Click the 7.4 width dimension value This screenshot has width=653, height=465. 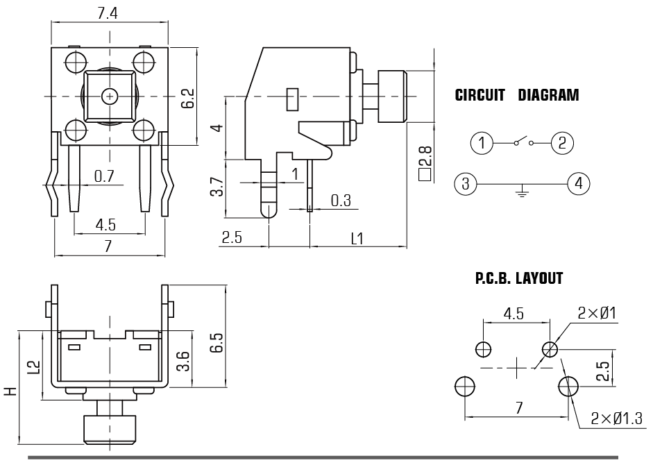(107, 12)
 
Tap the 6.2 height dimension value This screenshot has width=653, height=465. (188, 97)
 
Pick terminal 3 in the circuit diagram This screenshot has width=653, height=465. (466, 184)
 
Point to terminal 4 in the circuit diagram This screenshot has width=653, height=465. (578, 184)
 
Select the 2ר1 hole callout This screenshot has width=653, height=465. (597, 314)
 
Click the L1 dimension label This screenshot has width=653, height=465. (357, 239)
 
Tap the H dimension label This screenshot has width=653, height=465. (9, 391)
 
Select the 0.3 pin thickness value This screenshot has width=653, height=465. (340, 201)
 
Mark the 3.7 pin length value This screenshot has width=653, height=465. (217, 185)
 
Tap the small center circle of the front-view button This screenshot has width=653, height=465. (109, 96)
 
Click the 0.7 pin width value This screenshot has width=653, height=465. (104, 176)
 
